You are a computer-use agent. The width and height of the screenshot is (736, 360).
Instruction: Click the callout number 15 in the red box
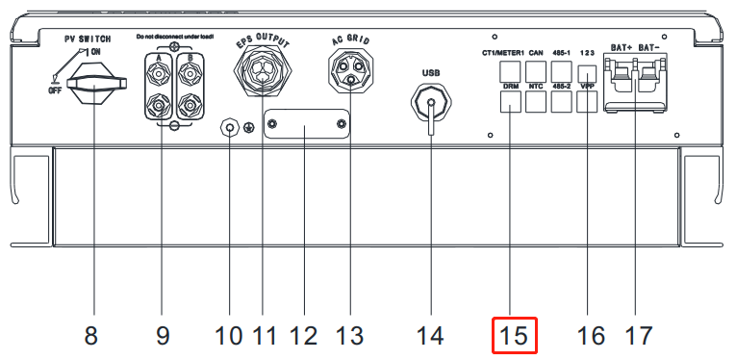point(514,335)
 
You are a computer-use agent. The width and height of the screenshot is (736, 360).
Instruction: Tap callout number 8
point(90,336)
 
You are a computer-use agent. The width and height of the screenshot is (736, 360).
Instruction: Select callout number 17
point(638,336)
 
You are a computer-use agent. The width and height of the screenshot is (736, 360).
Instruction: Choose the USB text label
point(431,70)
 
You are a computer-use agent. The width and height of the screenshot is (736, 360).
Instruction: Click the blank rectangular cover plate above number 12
point(305,126)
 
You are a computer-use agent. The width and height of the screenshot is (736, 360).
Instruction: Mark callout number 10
point(230,336)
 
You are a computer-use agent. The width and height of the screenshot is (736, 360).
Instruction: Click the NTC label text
point(537,86)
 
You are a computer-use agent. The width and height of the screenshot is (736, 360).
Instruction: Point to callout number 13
point(351,336)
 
